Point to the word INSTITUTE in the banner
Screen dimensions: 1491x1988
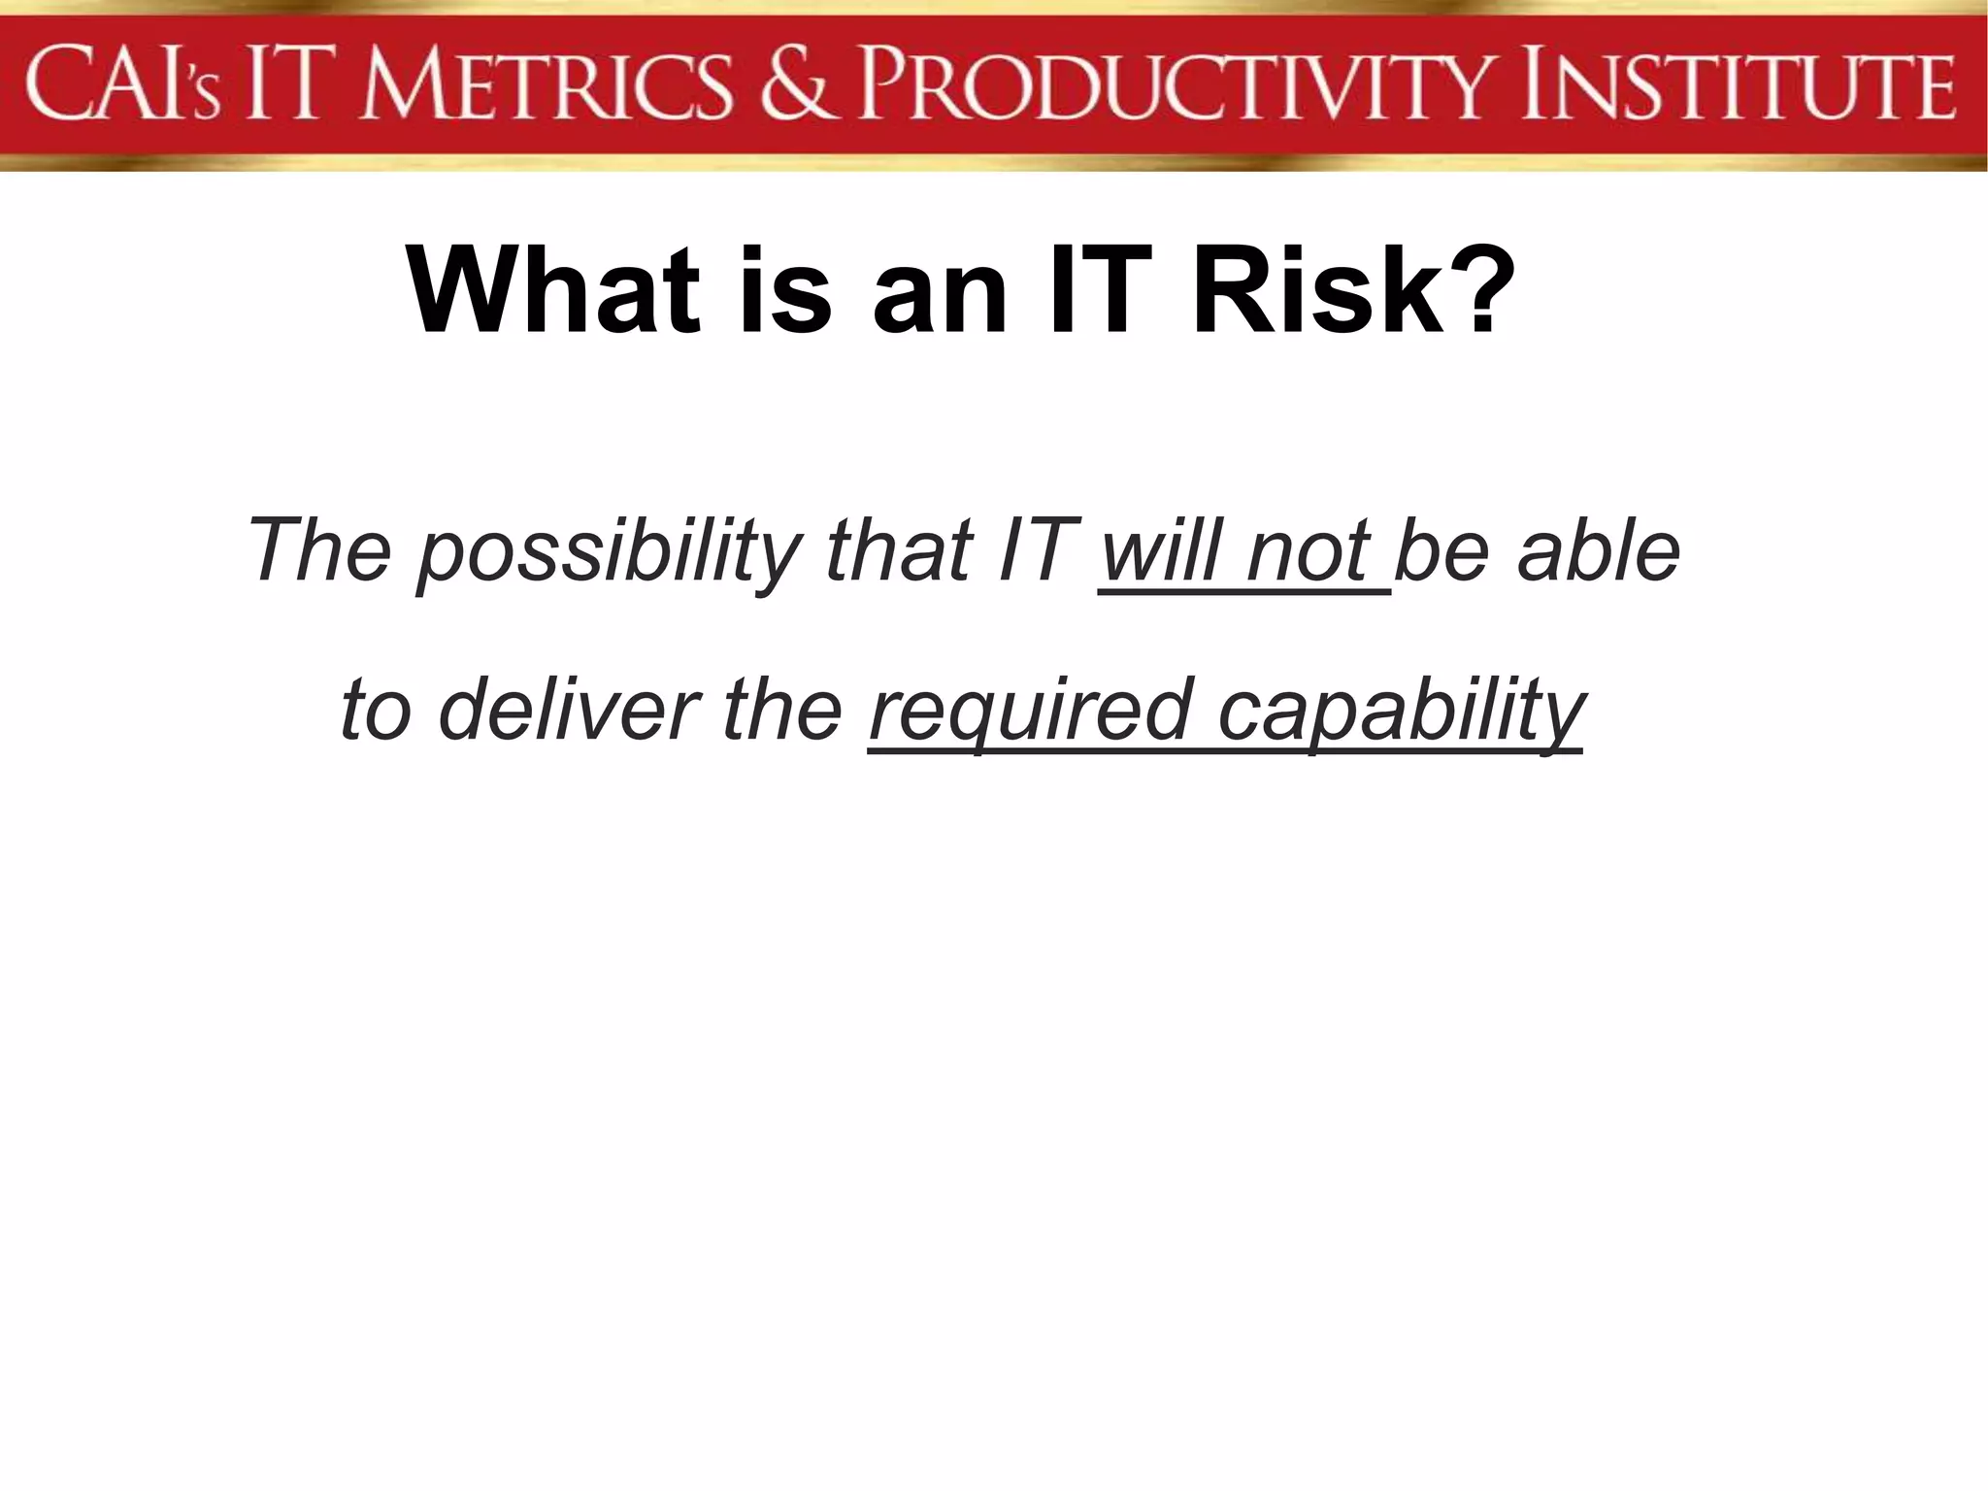click(1738, 87)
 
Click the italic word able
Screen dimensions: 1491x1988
click(1598, 551)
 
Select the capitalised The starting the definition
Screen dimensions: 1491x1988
click(320, 551)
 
